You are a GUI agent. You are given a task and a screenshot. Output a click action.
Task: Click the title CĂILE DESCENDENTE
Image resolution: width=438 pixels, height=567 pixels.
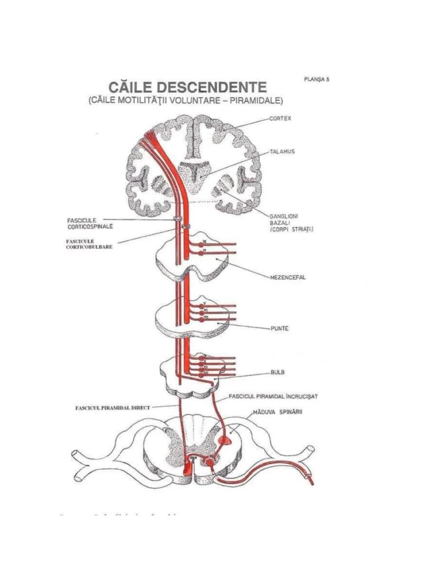pos(187,87)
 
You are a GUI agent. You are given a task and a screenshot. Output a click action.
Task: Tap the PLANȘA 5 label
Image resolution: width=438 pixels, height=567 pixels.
pos(317,79)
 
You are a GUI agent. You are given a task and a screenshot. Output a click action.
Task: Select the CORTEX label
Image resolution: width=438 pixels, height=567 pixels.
pos(280,119)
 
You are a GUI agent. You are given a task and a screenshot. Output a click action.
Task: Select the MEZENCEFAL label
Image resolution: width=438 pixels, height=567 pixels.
pos(288,277)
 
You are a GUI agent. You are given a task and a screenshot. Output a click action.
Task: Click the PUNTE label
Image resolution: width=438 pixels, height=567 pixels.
pos(279,328)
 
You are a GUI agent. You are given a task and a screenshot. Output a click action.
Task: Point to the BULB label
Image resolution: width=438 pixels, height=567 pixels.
pos(278,372)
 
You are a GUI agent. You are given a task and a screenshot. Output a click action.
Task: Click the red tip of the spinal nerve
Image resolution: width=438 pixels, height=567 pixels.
pos(310,481)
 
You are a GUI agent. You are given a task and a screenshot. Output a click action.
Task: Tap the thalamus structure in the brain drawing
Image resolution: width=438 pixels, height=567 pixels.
pos(195,172)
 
